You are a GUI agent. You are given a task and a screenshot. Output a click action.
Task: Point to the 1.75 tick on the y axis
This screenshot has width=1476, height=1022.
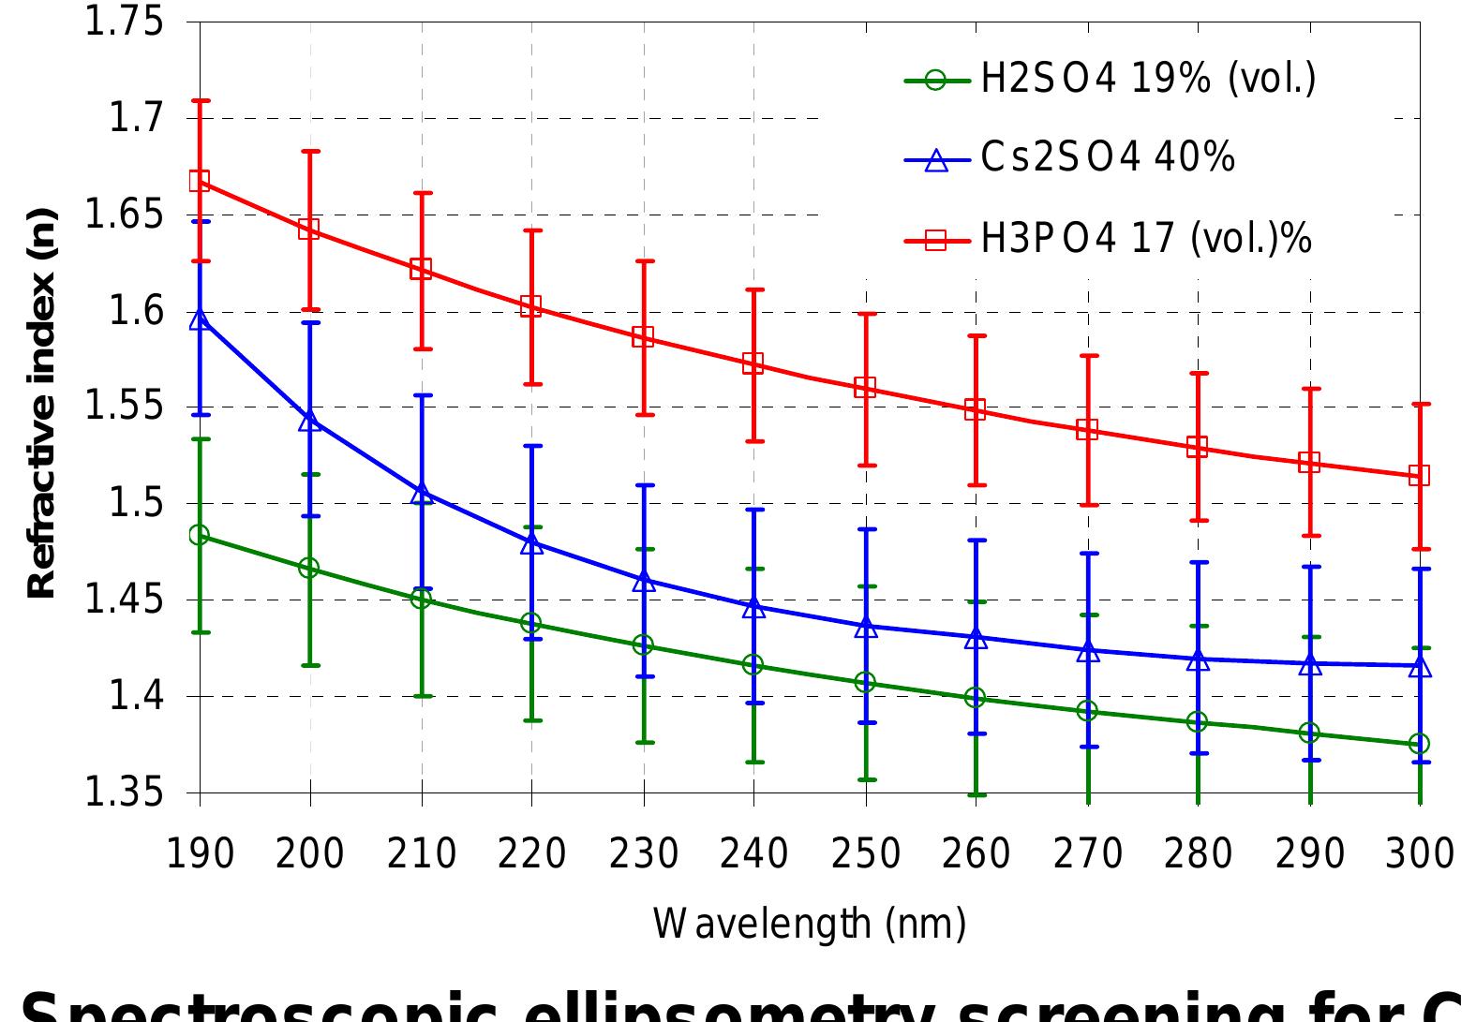coord(124,22)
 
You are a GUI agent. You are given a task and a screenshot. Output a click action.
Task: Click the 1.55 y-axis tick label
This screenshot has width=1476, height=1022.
coord(124,407)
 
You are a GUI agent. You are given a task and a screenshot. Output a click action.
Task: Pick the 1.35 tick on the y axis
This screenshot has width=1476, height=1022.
coord(124,793)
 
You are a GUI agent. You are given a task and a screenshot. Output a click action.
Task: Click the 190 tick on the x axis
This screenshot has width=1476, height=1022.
coord(199,854)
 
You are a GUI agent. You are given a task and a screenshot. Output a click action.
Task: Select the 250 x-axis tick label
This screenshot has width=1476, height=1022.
coord(865,854)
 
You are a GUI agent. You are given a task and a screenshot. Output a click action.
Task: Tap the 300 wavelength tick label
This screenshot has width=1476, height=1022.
coord(1420,854)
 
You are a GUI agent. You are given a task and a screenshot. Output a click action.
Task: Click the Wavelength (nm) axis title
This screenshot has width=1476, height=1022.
coord(809,925)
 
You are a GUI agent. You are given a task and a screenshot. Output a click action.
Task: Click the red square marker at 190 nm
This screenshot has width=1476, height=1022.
coord(200,181)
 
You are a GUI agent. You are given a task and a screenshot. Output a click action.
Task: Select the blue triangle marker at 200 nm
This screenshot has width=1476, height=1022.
coord(310,421)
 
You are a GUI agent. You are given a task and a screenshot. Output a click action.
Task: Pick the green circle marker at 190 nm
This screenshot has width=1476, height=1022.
coord(199,535)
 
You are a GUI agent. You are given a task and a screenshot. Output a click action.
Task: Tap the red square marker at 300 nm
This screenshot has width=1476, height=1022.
coord(1420,475)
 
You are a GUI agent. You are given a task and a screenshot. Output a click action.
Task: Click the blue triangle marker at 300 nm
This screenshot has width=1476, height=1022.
coord(1420,667)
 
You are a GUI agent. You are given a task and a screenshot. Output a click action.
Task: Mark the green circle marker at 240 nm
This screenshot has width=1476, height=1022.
coord(753,665)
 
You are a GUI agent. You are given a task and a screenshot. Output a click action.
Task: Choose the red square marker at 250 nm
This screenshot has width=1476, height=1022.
coord(865,387)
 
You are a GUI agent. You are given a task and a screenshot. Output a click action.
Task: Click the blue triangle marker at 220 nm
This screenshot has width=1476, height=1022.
coord(531,543)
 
